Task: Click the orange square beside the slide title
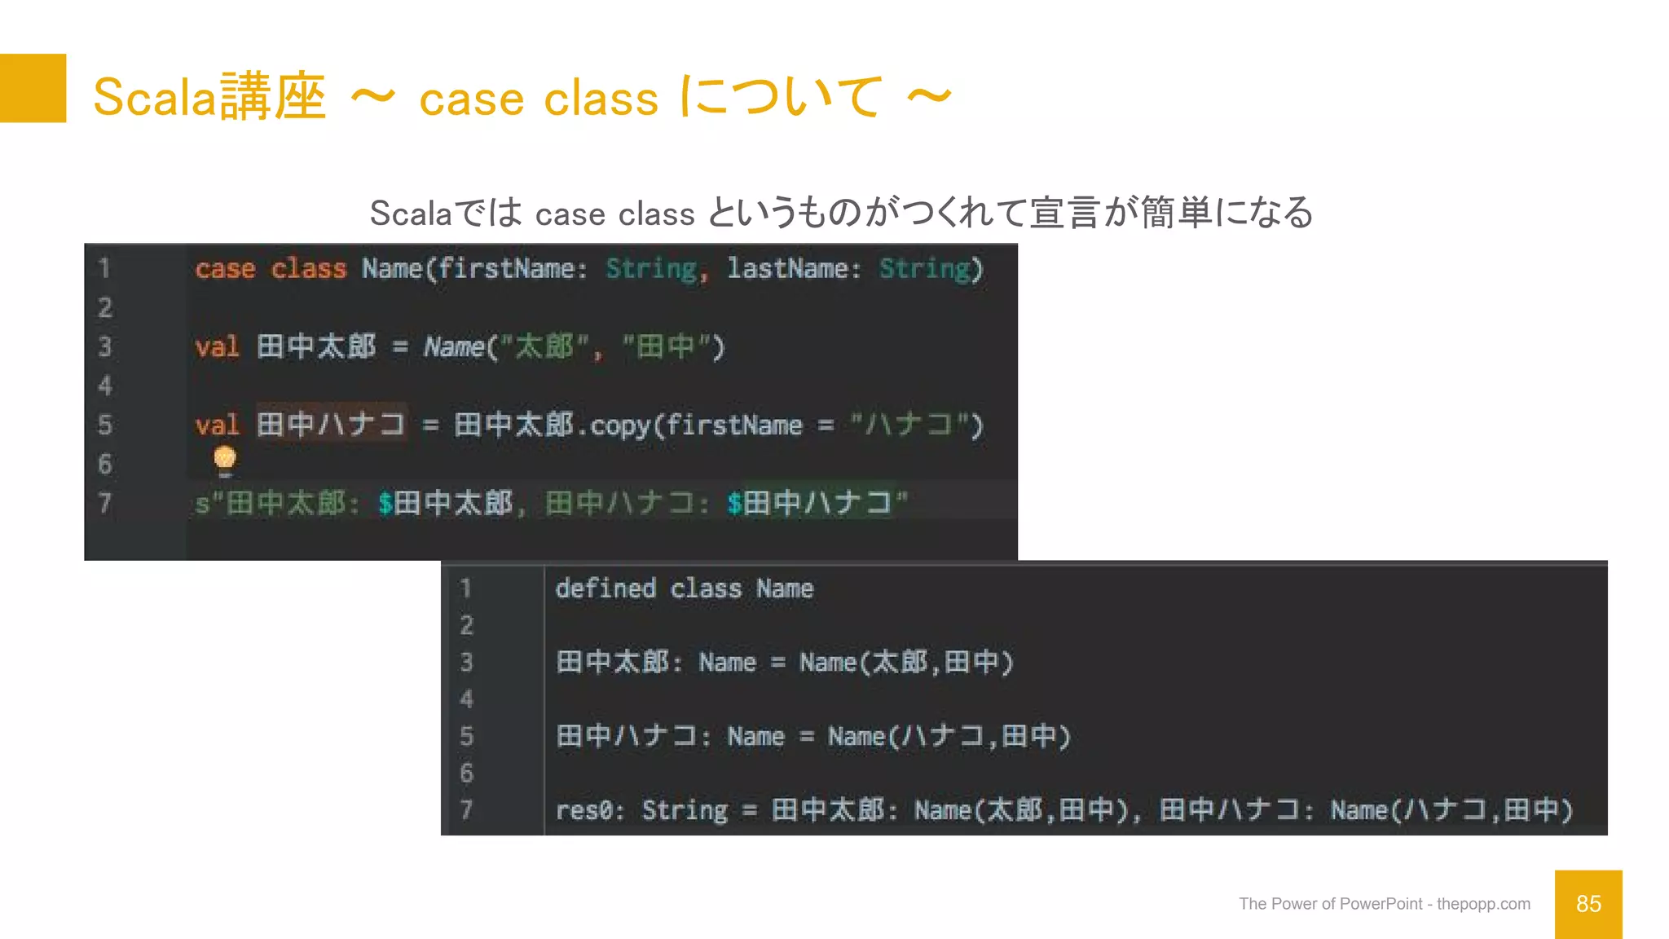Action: (x=33, y=88)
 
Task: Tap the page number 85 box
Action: (x=1588, y=904)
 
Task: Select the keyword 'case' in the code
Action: (x=225, y=268)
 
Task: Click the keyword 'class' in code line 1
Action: (x=309, y=268)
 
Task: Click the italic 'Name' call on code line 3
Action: (x=454, y=347)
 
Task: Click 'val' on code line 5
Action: (x=217, y=425)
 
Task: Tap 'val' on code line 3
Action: (x=217, y=347)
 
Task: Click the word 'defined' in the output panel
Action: (x=606, y=589)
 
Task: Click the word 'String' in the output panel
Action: (x=685, y=810)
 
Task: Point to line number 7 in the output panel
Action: (x=466, y=810)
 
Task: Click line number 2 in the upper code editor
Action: (x=105, y=307)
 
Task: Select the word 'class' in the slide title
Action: (x=601, y=99)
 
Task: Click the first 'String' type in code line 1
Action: (x=651, y=268)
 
